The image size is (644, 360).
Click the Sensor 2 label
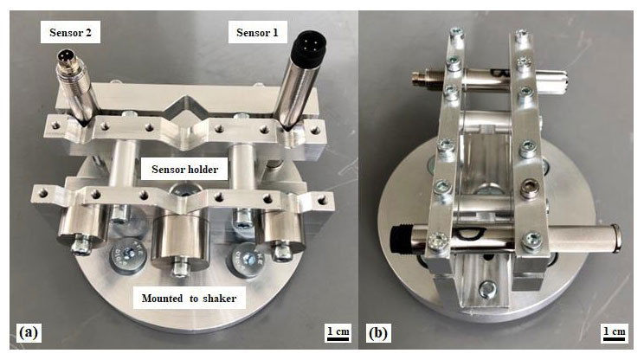click(70, 32)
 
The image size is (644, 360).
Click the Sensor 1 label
click(257, 32)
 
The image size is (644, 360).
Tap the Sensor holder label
click(184, 169)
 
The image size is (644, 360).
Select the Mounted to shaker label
click(189, 299)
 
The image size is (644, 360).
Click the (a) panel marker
click(29, 332)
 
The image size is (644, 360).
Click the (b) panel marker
click(378, 333)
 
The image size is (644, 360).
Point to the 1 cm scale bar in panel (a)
click(338, 333)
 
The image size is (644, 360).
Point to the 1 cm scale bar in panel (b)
click(615, 333)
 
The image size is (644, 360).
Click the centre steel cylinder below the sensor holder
click(180, 239)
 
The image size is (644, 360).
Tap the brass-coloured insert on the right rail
click(528, 190)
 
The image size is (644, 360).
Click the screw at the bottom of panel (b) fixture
click(487, 289)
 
